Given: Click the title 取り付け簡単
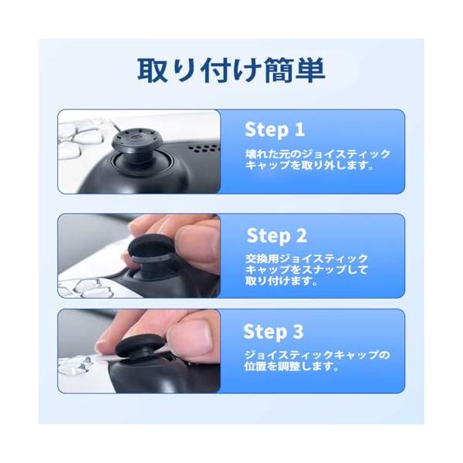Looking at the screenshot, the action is (231, 70).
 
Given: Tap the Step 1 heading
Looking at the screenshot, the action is (275, 130).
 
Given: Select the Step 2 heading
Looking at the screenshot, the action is (277, 235).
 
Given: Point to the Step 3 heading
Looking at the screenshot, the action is (273, 332).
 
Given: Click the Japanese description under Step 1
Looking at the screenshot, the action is (318, 160).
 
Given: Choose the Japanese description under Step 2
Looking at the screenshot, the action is (307, 269).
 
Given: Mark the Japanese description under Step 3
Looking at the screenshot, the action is (317, 360).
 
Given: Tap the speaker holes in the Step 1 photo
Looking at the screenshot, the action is (204, 148).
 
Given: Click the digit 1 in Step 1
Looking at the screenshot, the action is (299, 129).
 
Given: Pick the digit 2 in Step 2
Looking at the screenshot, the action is (301, 235).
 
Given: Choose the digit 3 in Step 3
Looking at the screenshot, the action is (298, 331).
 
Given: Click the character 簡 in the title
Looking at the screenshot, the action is (278, 70).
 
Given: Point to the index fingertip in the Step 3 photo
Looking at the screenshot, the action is (103, 345).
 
